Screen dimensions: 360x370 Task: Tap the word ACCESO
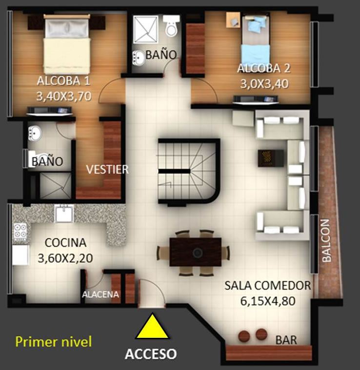click(x=151, y=354)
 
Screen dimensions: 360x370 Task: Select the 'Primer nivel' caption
click(x=53, y=342)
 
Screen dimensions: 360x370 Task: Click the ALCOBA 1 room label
click(x=63, y=81)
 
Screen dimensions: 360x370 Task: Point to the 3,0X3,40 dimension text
click(x=264, y=84)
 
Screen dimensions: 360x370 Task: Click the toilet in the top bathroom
click(x=171, y=25)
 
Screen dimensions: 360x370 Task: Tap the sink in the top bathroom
click(x=139, y=58)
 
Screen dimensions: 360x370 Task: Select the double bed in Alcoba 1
click(x=67, y=44)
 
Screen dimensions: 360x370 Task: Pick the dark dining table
click(x=196, y=252)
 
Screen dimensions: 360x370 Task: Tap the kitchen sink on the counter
click(x=64, y=214)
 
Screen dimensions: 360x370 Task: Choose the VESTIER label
click(x=107, y=169)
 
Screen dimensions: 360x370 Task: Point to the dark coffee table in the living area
click(x=271, y=158)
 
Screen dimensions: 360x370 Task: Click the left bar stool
click(x=244, y=335)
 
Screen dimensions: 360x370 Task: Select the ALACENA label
click(x=100, y=294)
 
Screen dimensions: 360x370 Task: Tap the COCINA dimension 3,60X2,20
click(x=65, y=258)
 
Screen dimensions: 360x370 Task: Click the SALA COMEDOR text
click(x=268, y=285)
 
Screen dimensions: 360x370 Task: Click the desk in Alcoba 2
click(x=233, y=20)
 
